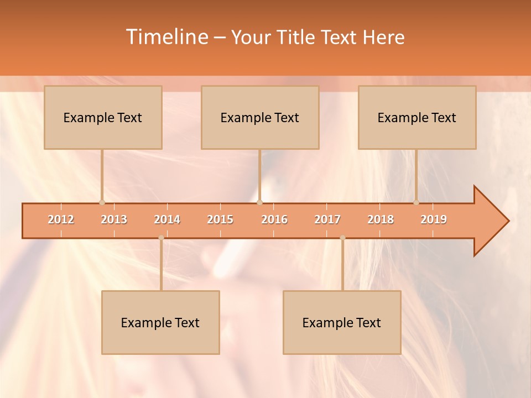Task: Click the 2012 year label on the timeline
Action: point(61,219)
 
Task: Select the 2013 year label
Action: point(114,219)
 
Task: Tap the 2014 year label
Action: point(167,219)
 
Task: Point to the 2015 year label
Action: point(220,219)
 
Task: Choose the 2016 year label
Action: point(274,219)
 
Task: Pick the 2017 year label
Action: point(327,219)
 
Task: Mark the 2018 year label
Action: point(381,219)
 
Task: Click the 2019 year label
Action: point(434,219)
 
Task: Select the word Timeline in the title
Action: point(166,37)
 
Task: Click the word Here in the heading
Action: point(383,38)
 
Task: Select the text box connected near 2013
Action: point(103,117)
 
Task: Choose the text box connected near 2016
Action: point(260,117)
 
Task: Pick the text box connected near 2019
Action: point(417,117)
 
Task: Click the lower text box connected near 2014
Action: point(160,322)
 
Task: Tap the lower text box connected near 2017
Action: point(342,322)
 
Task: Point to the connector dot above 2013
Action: point(102,202)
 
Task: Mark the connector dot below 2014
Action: point(161,238)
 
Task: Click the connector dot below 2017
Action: point(342,238)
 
